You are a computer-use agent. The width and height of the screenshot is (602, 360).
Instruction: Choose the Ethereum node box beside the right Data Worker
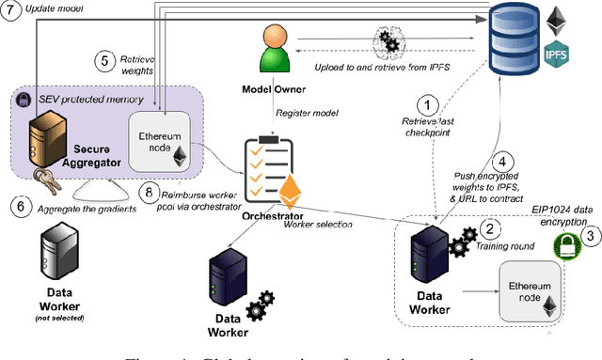pos(531,289)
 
